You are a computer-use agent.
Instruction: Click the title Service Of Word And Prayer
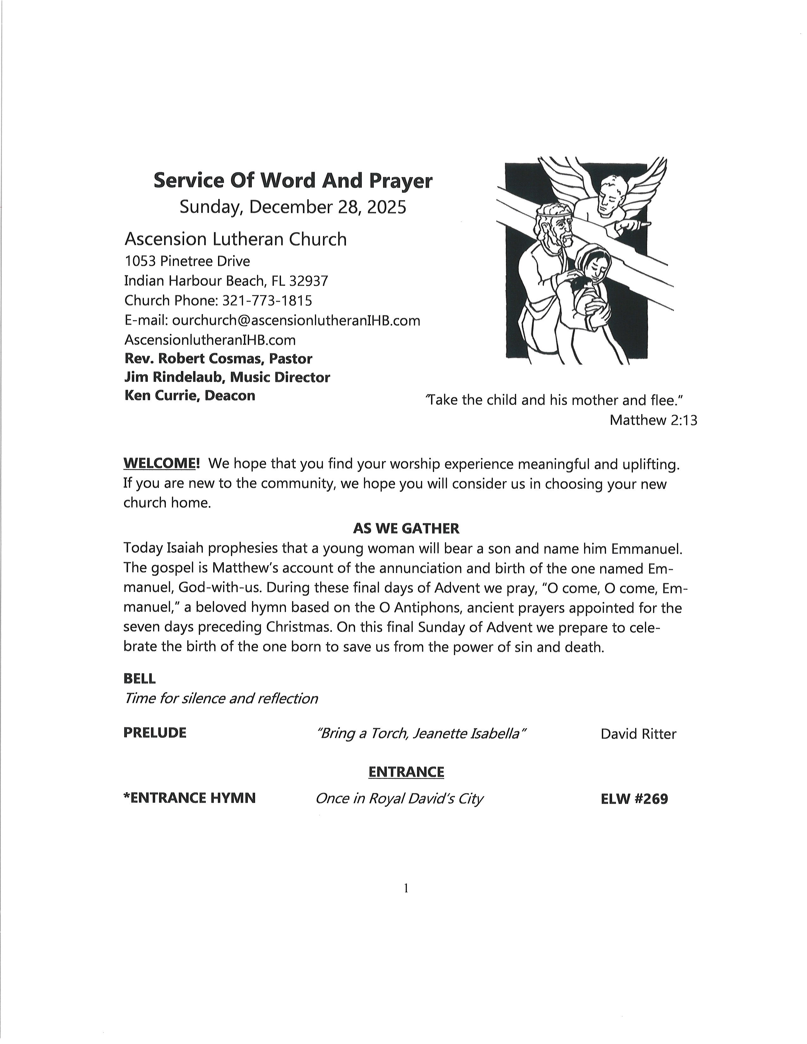pos(293,181)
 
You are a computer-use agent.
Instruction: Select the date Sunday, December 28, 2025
pos(293,207)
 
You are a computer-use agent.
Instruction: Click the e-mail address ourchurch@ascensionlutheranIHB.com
pos(296,320)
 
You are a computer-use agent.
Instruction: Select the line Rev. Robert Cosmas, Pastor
pos(218,358)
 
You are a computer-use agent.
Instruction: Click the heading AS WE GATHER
pos(406,528)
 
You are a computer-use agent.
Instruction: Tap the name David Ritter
pos(638,734)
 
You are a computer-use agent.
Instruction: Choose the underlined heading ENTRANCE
pos(406,772)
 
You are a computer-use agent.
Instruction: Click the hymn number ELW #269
pos(634,798)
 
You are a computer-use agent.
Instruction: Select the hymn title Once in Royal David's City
pos(399,798)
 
